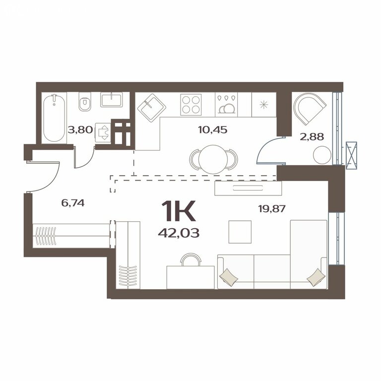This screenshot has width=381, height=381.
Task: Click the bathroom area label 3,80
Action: (x=80, y=130)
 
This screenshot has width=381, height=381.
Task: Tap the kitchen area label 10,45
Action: (x=213, y=130)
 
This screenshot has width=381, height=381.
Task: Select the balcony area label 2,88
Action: (x=312, y=137)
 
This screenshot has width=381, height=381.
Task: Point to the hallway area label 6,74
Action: (x=73, y=202)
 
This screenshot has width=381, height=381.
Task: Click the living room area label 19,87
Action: (x=272, y=208)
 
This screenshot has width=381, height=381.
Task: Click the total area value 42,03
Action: (x=179, y=233)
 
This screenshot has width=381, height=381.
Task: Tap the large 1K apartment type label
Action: (x=179, y=211)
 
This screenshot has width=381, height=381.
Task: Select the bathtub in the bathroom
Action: (x=54, y=118)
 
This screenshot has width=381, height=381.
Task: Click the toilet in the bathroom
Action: (x=84, y=103)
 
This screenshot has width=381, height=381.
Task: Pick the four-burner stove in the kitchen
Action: (x=190, y=105)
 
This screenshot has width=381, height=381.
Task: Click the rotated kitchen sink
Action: (x=152, y=108)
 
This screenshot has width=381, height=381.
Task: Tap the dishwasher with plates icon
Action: (x=226, y=105)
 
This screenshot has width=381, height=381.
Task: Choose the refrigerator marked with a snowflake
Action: (x=264, y=105)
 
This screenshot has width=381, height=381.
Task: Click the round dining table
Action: (x=213, y=159)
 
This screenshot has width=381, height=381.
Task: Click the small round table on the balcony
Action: (x=322, y=155)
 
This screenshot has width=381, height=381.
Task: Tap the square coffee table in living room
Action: (x=240, y=232)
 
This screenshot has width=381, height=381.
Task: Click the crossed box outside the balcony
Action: (x=351, y=155)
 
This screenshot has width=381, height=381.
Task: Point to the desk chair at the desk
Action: (x=191, y=259)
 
